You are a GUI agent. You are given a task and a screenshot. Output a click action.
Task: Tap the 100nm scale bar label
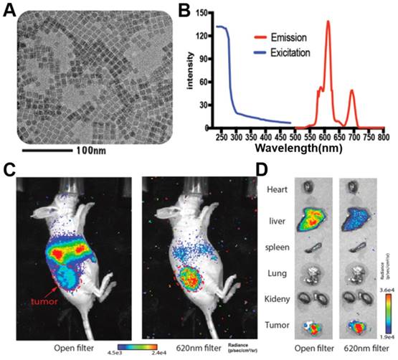click(x=93, y=153)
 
